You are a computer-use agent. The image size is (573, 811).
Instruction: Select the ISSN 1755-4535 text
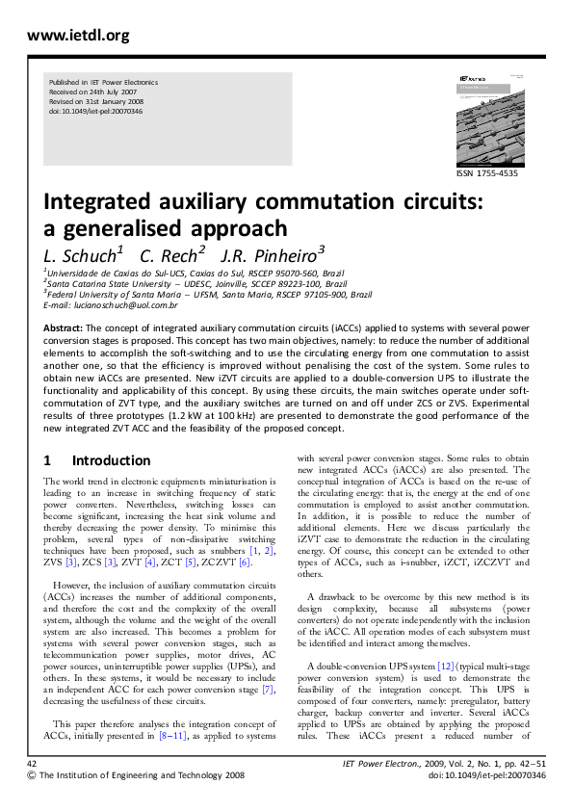tap(489, 173)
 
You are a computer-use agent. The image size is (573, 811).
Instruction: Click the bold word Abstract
tap(63, 327)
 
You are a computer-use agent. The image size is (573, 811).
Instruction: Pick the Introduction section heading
tap(97, 460)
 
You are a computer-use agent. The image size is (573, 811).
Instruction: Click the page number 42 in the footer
tap(32, 762)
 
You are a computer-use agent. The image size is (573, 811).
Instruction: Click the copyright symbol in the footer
tap(32, 774)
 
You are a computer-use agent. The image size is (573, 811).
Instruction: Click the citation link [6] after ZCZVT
tap(245, 561)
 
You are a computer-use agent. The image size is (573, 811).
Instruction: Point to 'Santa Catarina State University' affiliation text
tap(110, 284)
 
